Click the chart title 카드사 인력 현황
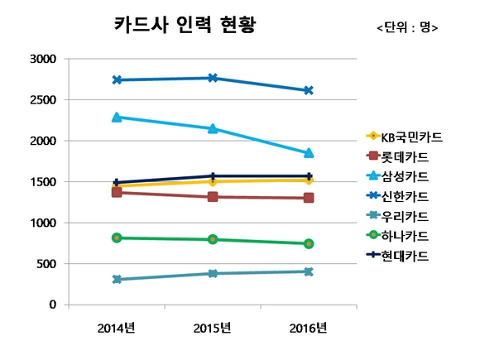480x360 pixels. tap(184, 24)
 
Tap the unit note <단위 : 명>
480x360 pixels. tap(407, 28)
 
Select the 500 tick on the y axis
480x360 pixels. tap(45, 264)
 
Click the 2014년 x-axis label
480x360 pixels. tap(117, 328)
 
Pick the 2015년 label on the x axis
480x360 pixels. tap(213, 328)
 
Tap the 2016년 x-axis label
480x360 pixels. tap(309, 328)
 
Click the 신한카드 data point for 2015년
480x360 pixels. tap(213, 78)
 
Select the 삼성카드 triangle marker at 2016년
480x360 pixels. tap(309, 153)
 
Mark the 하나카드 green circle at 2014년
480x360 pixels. tap(117, 238)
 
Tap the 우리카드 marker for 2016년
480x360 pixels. tap(309, 271)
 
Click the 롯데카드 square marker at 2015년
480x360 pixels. tap(213, 197)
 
